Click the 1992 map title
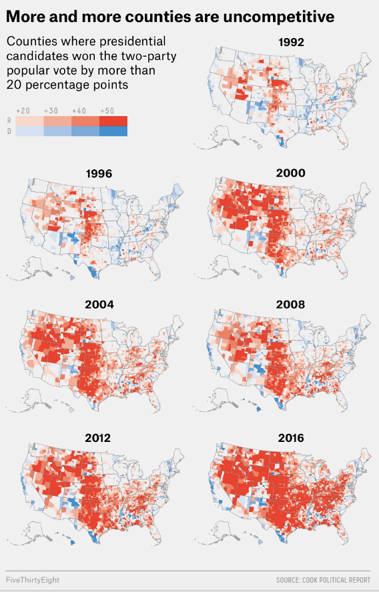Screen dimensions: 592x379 point(291,42)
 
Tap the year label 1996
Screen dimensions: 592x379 point(99,174)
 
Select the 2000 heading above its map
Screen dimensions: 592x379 point(291,173)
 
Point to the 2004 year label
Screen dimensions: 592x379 point(99,305)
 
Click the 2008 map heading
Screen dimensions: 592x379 point(291,305)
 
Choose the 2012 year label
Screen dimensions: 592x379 point(99,438)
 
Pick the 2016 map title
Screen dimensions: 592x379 point(291,438)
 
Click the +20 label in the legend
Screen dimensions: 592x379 point(23,111)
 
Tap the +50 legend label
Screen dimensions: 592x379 point(107,111)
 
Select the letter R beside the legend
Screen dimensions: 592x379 point(9,121)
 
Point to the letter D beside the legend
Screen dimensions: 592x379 point(9,131)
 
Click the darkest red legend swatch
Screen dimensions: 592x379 point(113,121)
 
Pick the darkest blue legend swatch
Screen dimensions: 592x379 point(113,131)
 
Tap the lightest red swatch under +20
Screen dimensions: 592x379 point(29,121)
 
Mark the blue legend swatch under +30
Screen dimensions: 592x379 point(57,131)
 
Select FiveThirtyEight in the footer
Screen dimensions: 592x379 point(33,580)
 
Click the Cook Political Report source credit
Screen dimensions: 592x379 point(323,580)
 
